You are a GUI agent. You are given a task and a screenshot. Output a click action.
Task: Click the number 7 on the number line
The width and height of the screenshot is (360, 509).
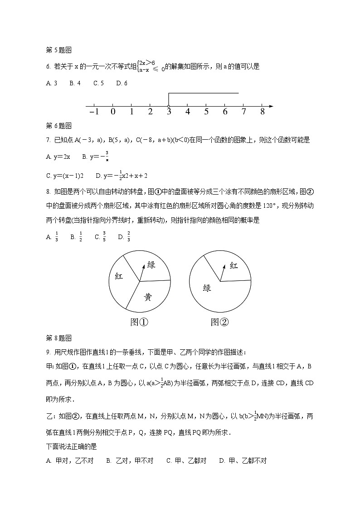click(x=243, y=112)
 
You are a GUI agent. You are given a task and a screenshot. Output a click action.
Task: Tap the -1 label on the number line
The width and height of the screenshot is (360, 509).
click(x=94, y=112)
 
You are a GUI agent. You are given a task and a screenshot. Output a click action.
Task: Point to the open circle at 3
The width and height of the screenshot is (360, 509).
click(x=169, y=106)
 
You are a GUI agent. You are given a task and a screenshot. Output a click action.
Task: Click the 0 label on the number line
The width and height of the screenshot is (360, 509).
click(x=113, y=112)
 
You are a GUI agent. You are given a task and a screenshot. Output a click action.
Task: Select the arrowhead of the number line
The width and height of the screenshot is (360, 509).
click(x=271, y=106)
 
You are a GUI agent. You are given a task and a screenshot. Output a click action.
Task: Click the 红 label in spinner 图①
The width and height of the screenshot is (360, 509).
click(x=119, y=276)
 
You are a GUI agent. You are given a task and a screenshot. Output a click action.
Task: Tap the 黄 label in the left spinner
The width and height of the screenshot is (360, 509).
click(x=148, y=297)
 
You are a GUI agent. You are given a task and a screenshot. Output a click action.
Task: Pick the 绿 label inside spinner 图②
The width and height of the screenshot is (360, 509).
click(x=207, y=288)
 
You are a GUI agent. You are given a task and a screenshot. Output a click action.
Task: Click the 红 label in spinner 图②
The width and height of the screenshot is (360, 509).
click(x=234, y=266)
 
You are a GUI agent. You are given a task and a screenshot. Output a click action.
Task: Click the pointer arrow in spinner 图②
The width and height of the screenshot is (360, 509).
click(x=223, y=271)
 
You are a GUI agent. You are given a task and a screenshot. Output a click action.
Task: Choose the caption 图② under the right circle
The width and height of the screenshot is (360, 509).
click(x=220, y=322)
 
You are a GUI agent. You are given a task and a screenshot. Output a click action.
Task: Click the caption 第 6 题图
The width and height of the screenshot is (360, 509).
click(x=59, y=126)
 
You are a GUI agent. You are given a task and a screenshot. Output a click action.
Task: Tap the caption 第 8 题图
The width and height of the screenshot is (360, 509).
click(x=59, y=338)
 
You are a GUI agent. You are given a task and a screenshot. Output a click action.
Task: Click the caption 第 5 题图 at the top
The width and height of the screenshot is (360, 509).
click(x=59, y=50)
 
